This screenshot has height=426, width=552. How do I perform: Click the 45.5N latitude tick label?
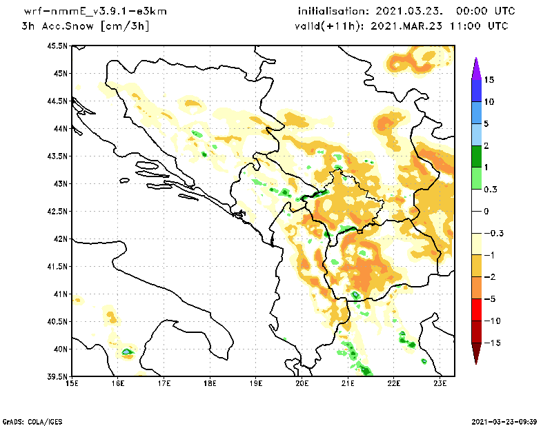pyautogui.click(x=58, y=45)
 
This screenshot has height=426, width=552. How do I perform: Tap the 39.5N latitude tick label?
pyautogui.click(x=58, y=376)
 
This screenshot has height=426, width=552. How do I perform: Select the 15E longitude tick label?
pyautogui.click(x=72, y=383)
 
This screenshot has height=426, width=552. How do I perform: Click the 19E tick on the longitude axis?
pyautogui.click(x=256, y=383)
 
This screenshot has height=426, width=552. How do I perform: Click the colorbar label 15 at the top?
pyautogui.click(x=489, y=79)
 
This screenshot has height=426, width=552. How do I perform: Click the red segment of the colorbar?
pyautogui.click(x=475, y=310)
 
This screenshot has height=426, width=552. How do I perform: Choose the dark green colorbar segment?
pyautogui.click(x=475, y=156)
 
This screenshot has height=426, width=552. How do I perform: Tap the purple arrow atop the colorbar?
pyautogui.click(x=475, y=68)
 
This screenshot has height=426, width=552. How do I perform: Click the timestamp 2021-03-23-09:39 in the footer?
pyautogui.click(x=506, y=420)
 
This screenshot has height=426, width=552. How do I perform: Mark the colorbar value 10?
pyautogui.click(x=489, y=101)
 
